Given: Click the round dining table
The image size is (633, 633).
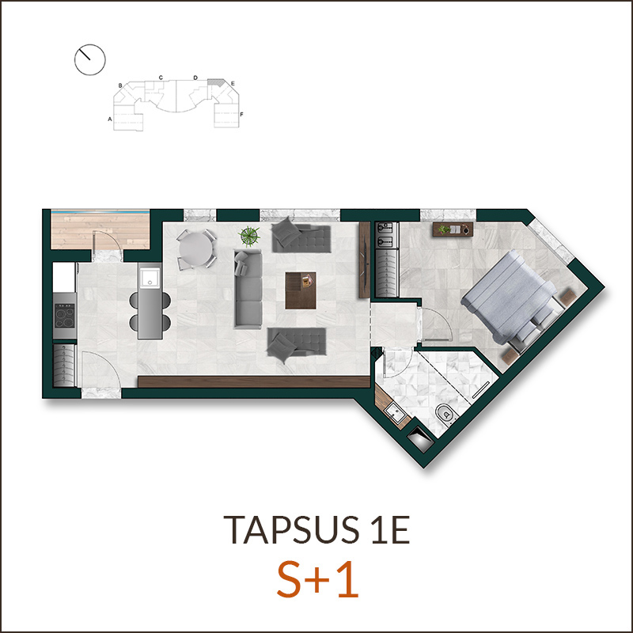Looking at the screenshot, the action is [195, 248].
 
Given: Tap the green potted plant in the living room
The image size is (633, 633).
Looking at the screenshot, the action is [248, 236].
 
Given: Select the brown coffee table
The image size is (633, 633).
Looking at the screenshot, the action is [301, 290].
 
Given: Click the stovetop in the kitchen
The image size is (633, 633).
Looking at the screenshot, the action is [65, 316].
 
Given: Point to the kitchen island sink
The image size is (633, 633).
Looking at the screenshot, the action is [150, 278].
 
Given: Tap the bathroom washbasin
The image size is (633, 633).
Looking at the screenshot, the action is [395, 412].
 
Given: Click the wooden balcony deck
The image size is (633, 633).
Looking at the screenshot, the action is [100, 230].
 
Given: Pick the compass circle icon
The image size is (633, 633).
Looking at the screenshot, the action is [90, 60].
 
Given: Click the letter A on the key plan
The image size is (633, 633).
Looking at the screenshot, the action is [109, 119].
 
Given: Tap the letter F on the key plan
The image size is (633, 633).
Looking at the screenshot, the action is [241, 114].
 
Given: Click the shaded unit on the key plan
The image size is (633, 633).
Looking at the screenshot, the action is [215, 82].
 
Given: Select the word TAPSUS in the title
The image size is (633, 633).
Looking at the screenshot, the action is [291, 529].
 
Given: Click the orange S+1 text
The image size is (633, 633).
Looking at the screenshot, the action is [318, 581].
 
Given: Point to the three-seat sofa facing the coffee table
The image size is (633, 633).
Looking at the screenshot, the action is [248, 289].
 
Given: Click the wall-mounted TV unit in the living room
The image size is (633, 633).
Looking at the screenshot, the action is [365, 260].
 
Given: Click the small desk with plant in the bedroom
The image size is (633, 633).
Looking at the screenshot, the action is [453, 229].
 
